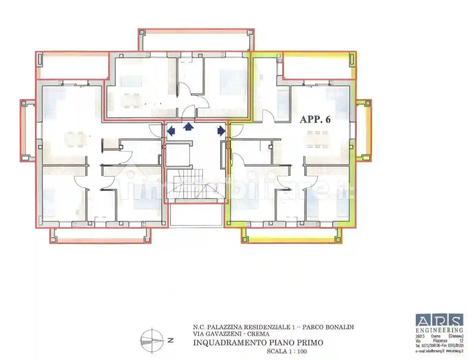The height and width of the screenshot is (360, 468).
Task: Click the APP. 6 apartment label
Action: tap(315, 119)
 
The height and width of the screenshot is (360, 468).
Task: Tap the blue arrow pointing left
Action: tap(171, 131)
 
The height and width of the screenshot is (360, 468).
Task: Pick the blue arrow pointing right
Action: tap(221, 131)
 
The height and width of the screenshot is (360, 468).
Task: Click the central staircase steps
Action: tap(195, 187)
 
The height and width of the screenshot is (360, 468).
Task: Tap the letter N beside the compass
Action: tap(170, 340)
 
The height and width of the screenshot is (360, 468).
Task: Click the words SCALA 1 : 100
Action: tap(287, 351)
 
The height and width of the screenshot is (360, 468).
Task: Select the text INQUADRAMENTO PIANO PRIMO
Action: tap(258, 343)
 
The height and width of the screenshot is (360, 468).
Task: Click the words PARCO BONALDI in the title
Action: tap(328, 327)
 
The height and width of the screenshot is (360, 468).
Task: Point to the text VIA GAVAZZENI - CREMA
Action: tap(231, 334)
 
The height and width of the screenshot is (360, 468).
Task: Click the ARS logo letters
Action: tap(439, 321)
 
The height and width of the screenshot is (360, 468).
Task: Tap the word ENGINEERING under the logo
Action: tap(439, 330)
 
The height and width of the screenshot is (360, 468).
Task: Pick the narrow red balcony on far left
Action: tap(28, 130)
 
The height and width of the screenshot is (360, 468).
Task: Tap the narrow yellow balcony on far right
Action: tap(363, 130)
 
